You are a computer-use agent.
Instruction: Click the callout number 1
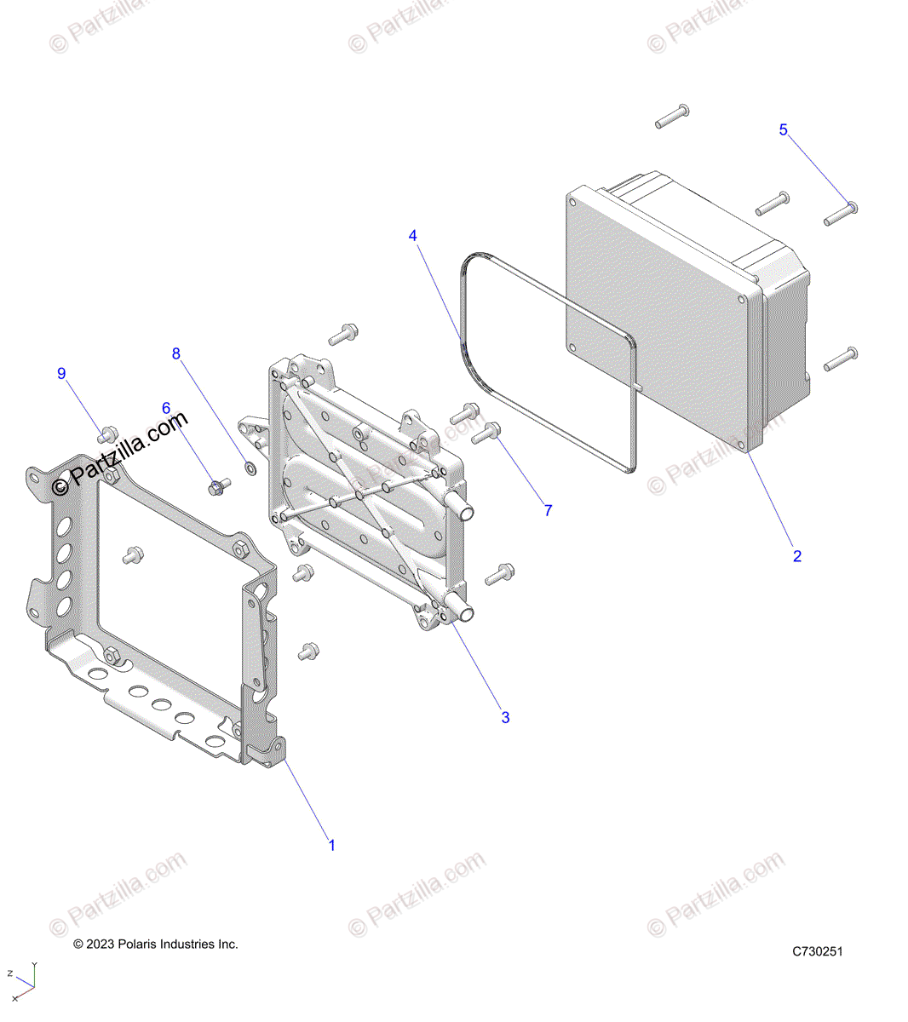tap(332, 845)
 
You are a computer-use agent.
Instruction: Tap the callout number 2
tap(797, 556)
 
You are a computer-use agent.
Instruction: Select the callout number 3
tap(505, 717)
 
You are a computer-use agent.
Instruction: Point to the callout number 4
tap(413, 235)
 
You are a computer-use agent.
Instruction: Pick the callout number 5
tap(784, 129)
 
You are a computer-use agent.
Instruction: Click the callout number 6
tap(166, 409)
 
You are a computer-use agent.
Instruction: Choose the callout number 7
tap(549, 510)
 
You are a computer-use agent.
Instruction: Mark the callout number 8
tap(176, 353)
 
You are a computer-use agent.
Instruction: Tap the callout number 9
tap(61, 373)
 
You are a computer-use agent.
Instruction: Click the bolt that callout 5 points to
tap(841, 212)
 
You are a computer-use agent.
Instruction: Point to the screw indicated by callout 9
tap(107, 433)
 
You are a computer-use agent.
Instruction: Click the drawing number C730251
tap(817, 951)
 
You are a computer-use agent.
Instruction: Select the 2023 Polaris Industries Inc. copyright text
tap(156, 944)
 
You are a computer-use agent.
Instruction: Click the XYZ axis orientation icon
tap(23, 984)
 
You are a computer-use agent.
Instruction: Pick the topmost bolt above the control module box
tap(672, 117)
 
